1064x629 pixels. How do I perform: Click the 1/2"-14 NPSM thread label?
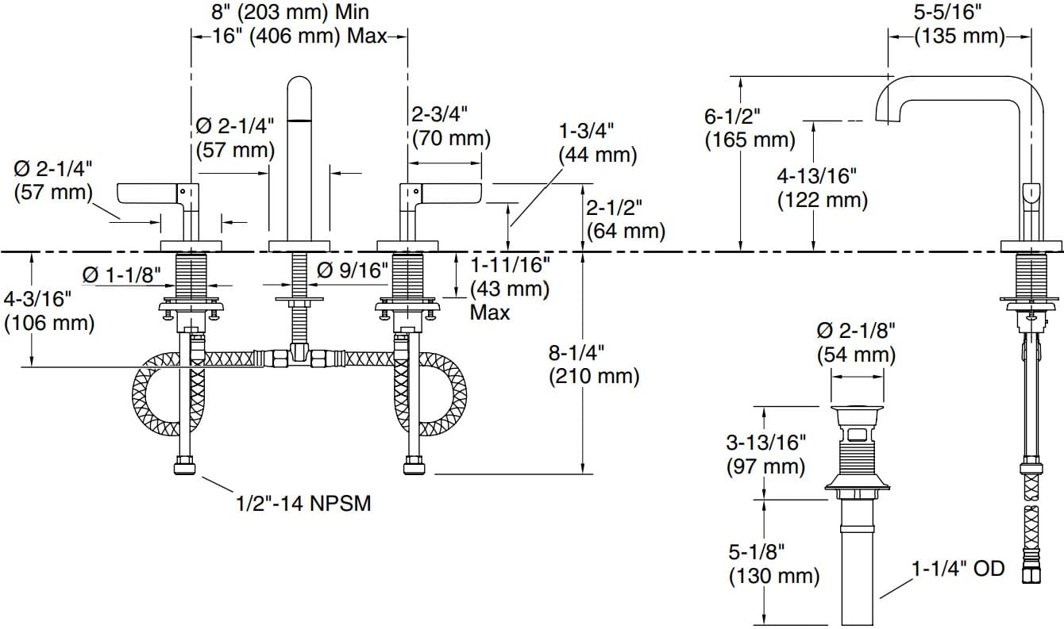pyautogui.click(x=303, y=503)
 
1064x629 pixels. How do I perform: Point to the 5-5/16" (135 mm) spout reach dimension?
pyautogui.click(x=959, y=25)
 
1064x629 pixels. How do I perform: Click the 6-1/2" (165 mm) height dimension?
pyautogui.click(x=749, y=128)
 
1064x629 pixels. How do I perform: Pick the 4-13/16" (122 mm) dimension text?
pyautogui.click(x=822, y=188)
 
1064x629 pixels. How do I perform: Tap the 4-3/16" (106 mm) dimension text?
pyautogui.click(x=48, y=311)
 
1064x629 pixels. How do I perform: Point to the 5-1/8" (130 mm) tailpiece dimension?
pyautogui.click(x=773, y=562)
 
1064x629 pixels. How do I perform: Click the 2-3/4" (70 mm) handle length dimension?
pyautogui.click(x=449, y=126)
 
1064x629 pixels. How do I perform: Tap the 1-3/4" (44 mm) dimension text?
pyautogui.click(x=598, y=143)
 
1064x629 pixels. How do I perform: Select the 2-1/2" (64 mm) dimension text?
pyautogui.click(x=624, y=220)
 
